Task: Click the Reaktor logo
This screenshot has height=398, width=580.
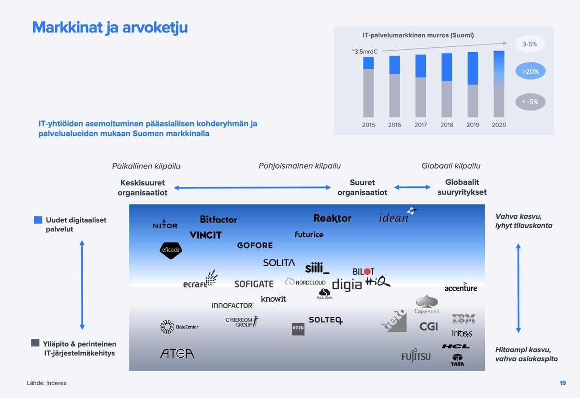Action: tap(333, 218)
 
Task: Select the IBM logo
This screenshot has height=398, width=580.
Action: tap(463, 318)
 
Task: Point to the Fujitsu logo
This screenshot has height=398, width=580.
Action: tap(416, 356)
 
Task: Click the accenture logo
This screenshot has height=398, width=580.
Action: tap(461, 288)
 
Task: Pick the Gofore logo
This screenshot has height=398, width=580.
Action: tap(255, 245)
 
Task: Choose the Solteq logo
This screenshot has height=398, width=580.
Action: tap(326, 320)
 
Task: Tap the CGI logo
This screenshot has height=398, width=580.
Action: tap(428, 327)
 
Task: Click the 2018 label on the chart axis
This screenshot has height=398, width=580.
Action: tap(447, 125)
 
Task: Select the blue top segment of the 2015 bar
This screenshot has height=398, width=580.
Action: tap(368, 63)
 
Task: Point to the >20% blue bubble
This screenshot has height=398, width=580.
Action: tap(530, 71)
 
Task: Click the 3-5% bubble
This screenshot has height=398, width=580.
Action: tap(530, 44)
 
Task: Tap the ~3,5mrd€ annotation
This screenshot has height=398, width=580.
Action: tap(364, 51)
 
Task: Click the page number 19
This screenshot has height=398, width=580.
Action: tap(562, 383)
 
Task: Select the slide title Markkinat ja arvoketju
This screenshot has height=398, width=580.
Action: tap(110, 28)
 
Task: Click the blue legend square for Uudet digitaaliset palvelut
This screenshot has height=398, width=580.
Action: tap(38, 220)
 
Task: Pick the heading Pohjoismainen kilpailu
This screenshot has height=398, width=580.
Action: tap(299, 166)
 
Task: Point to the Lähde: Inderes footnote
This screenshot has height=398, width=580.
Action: tap(47, 383)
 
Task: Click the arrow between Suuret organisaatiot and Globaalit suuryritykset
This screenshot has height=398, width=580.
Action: tap(412, 187)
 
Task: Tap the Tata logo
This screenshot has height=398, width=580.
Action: tap(457, 360)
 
